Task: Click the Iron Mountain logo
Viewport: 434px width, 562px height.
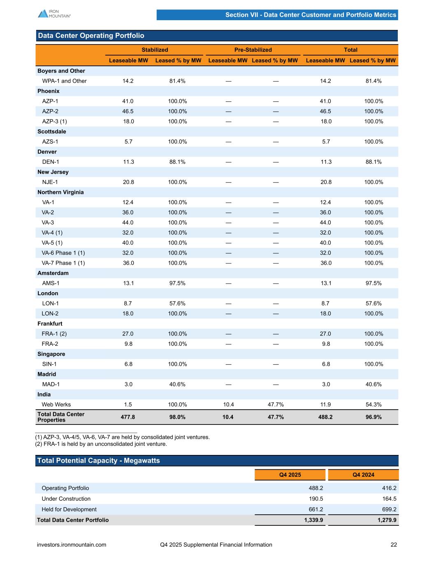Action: pyautogui.click(x=54, y=14)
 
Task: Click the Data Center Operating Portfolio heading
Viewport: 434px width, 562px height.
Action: pyautogui.click(x=91, y=36)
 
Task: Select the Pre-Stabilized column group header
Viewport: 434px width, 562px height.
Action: pyautogui.click(x=253, y=50)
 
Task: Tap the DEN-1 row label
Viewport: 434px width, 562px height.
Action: pyautogui.click(x=51, y=162)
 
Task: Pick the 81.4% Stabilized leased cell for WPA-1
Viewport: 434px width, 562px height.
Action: pyautogui.click(x=177, y=81)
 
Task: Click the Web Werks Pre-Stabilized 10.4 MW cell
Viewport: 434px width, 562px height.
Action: pyautogui.click(x=228, y=405)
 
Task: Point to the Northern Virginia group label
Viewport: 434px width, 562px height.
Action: pyautogui.click(x=60, y=192)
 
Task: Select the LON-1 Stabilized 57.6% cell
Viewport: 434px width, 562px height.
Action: pyautogui.click(x=177, y=303)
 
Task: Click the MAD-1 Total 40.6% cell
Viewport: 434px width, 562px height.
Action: pyautogui.click(x=374, y=385)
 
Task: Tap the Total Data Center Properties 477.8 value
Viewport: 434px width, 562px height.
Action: pyautogui.click(x=128, y=417)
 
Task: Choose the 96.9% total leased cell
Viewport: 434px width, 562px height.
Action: pyautogui.click(x=374, y=417)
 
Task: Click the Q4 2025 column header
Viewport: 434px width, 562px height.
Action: pyautogui.click(x=290, y=475)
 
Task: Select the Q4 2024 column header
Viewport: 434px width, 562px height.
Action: pyautogui.click(x=363, y=475)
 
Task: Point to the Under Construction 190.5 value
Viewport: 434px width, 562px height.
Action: pyautogui.click(x=316, y=499)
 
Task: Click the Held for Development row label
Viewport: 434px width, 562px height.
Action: pyautogui.click(x=69, y=510)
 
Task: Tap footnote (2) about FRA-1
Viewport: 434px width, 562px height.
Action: pyautogui.click(x=101, y=444)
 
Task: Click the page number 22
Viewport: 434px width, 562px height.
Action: pyautogui.click(x=394, y=545)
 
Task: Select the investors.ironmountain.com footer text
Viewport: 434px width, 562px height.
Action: pyautogui.click(x=72, y=545)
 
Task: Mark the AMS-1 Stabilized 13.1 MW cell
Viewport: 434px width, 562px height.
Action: pyautogui.click(x=128, y=283)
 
